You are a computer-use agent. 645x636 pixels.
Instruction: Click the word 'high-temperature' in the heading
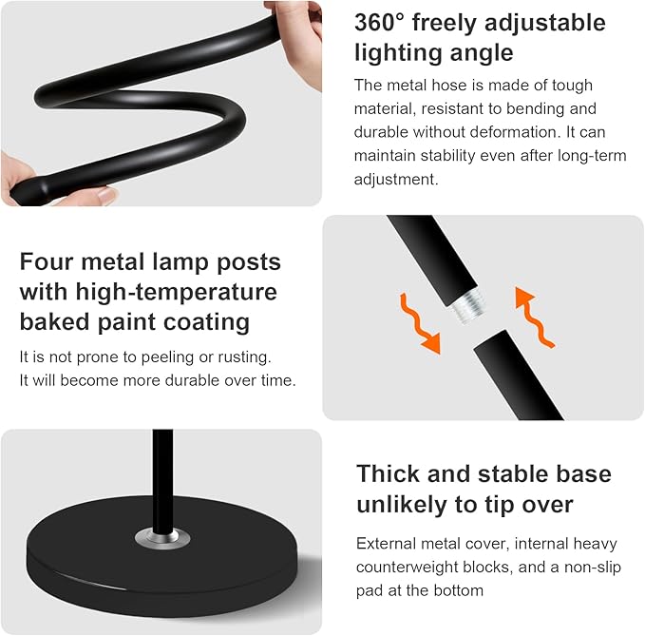[179, 291]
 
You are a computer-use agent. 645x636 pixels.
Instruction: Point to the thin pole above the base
[163, 475]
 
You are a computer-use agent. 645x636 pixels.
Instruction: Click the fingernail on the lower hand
[106, 195]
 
